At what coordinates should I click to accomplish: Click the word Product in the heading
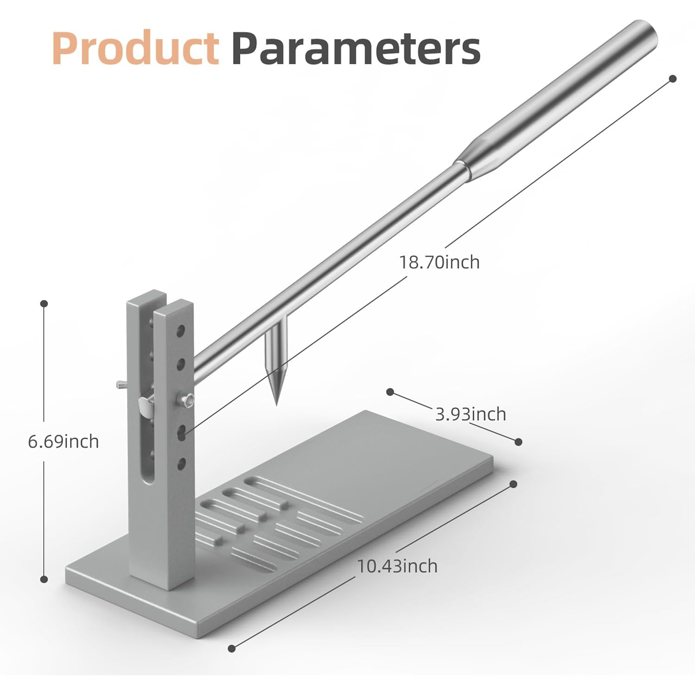135,48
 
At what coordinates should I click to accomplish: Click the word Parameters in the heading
356,48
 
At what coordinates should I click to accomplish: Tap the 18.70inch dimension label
439,262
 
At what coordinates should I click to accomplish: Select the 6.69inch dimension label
63,441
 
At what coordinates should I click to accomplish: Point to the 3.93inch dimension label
471,414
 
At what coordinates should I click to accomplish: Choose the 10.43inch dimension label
397,566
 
